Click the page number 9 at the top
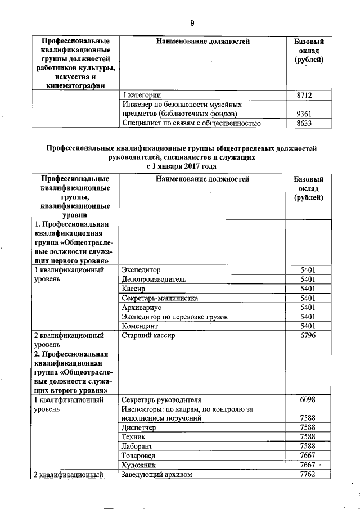[192, 23]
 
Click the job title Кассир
[134, 289]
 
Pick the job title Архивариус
[142, 308]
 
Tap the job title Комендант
[141, 326]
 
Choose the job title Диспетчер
[139, 427]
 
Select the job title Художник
[138, 465]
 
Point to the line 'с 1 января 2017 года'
[181, 166]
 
